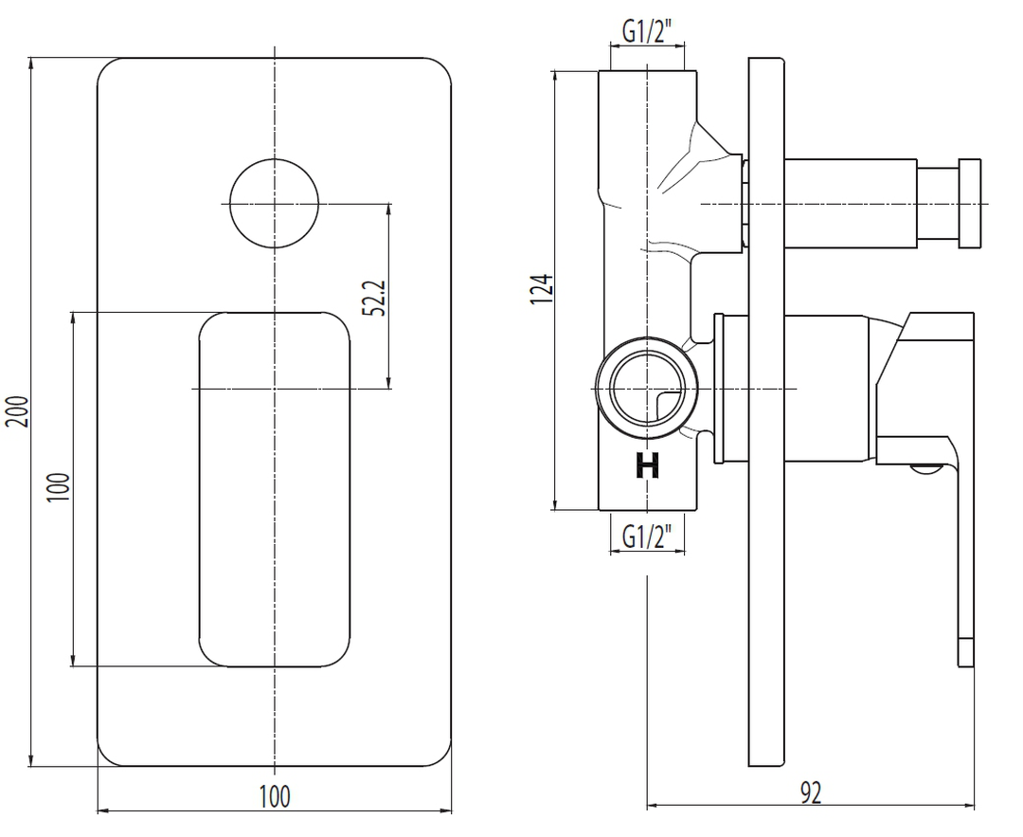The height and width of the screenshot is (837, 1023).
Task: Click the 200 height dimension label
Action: (18, 411)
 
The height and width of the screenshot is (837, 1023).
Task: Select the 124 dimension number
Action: (542, 289)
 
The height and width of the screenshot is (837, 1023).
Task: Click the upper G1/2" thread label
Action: (647, 30)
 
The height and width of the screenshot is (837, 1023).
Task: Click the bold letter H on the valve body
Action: (647, 466)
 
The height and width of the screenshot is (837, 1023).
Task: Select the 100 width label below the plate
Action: (275, 796)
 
